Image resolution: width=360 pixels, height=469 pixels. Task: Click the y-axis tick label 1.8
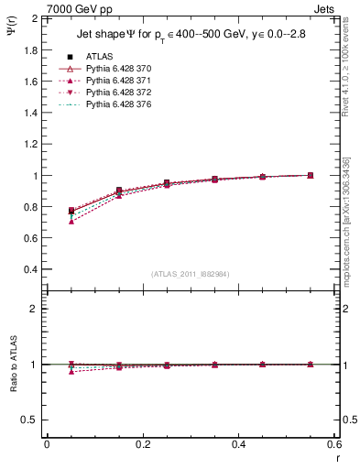[x=30, y=49]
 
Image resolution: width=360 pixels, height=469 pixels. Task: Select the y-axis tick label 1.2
[x=30, y=144]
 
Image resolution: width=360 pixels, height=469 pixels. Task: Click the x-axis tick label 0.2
[x=143, y=443]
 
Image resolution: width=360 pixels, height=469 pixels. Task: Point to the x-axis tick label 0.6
[x=334, y=443]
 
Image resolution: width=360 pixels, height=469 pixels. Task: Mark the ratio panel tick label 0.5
[x=30, y=420]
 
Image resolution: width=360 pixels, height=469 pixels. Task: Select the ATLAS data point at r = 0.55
[x=311, y=175]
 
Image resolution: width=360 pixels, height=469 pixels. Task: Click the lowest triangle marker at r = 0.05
[x=71, y=222]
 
